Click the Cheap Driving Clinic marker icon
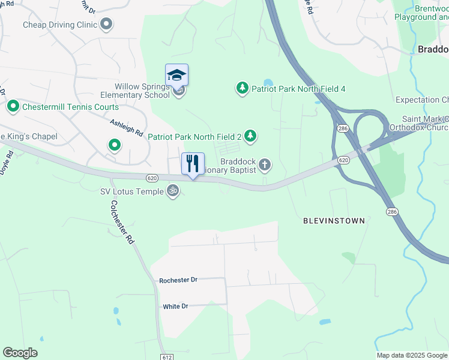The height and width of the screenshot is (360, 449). pos(107,25)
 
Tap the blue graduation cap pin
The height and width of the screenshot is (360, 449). pos(176,76)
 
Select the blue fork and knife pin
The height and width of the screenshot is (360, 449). pos(193,164)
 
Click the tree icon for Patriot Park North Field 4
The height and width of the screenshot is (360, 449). pos(242,89)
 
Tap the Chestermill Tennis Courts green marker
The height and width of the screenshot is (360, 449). pos(13,107)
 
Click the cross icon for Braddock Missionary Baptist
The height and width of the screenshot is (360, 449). pos(264,164)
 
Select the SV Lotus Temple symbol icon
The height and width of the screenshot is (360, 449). pos(173,191)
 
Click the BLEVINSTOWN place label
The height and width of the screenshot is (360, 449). pos(334,221)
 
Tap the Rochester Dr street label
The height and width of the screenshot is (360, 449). pos(178,280)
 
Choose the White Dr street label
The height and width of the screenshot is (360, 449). pos(175,306)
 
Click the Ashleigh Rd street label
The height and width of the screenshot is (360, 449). pos(126,127)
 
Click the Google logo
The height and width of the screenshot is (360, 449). pos(20,353)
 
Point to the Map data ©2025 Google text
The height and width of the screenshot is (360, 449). pos(411,355)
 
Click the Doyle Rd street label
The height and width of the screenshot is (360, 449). pos(7,163)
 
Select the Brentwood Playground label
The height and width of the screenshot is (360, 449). pos(422,13)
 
